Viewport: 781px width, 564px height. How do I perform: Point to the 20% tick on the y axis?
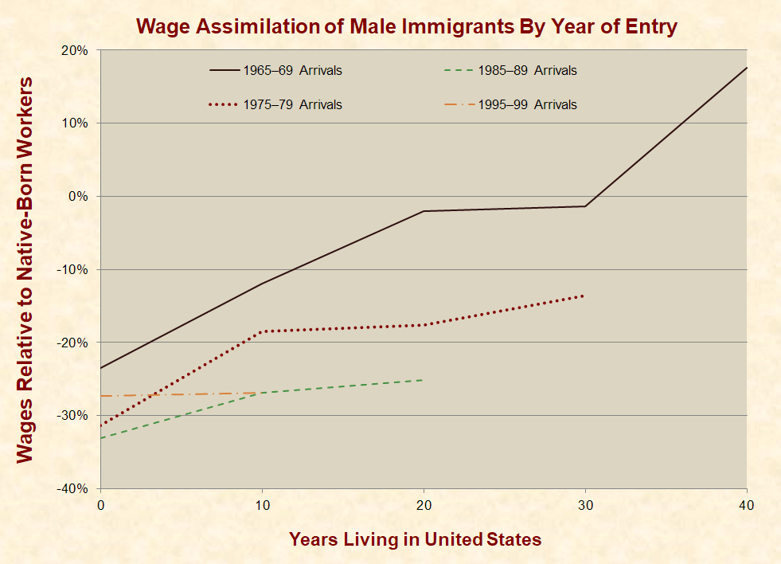click(76, 50)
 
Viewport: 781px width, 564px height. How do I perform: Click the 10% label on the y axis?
click(76, 123)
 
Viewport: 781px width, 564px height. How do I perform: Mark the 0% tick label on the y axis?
click(80, 197)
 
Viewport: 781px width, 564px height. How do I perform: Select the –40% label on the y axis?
click(75, 488)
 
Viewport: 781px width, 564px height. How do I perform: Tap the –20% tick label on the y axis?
click(75, 343)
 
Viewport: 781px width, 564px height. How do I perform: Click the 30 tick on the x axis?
click(585, 505)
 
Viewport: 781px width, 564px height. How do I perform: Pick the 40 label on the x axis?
click(746, 505)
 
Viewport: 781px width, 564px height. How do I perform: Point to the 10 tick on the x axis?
click(263, 505)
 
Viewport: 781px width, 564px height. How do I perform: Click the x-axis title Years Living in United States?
click(415, 539)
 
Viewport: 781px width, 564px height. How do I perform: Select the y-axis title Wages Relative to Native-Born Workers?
click(25, 269)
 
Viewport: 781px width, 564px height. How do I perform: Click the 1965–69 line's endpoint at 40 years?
click(746, 68)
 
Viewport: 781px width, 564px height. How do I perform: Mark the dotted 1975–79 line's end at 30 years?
click(584, 296)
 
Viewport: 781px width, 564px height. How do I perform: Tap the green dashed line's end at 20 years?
click(423, 380)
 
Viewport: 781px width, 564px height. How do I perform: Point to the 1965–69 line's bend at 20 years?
click(424, 211)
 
